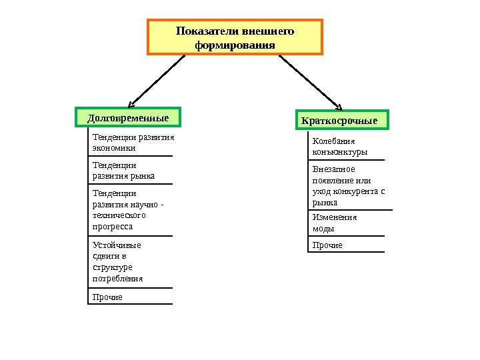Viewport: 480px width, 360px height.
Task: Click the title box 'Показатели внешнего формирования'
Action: pyautogui.click(x=235, y=37)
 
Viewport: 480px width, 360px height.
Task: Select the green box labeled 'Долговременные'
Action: pyautogui.click(x=128, y=117)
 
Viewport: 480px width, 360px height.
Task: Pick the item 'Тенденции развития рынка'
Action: pyautogui.click(x=123, y=170)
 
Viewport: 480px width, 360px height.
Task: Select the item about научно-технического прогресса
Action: pyautogui.click(x=127, y=209)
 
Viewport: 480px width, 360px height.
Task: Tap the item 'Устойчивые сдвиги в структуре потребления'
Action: pyautogui.click(x=117, y=261)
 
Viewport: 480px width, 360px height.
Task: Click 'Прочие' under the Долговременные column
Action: pyautogui.click(x=107, y=297)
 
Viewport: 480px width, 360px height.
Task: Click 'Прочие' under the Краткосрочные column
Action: pyautogui.click(x=327, y=245)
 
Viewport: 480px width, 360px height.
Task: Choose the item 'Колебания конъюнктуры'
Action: pyautogui.click(x=340, y=147)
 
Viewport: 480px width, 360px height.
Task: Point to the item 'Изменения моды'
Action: pyautogui.click(x=335, y=222)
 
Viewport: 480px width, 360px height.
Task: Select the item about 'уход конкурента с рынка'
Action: pyautogui.click(x=349, y=185)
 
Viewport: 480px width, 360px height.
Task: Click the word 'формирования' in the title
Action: pyautogui.click(x=235, y=45)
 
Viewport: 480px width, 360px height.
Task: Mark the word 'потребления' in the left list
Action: pyautogui.click(x=117, y=279)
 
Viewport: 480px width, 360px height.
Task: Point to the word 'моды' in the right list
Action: pyautogui.click(x=323, y=228)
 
